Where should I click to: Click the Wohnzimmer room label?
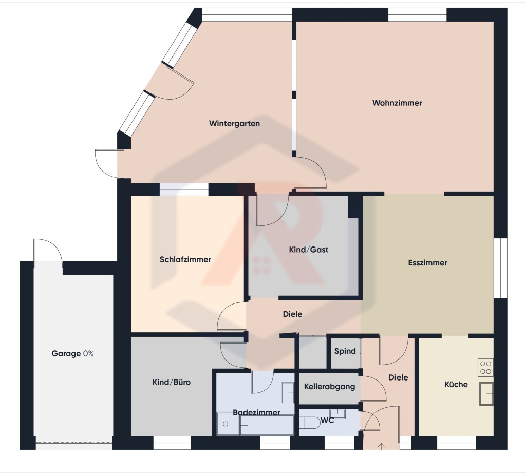click(x=397, y=103)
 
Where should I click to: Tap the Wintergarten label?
click(x=234, y=124)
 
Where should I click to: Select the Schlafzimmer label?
click(x=185, y=260)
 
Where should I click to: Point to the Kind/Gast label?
click(x=308, y=250)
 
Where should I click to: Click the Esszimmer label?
click(x=427, y=263)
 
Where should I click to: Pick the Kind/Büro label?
click(x=172, y=383)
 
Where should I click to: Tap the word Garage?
click(x=66, y=354)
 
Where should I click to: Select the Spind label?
click(x=345, y=352)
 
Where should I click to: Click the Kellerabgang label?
click(x=329, y=387)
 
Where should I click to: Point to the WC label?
click(x=327, y=421)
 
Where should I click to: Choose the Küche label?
click(x=456, y=385)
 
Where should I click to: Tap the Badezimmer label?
click(x=256, y=413)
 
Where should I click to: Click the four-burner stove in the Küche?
click(x=485, y=367)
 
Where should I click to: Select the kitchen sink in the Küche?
click(x=485, y=394)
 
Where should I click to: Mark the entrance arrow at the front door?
click(x=381, y=445)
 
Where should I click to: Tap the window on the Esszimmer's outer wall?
click(x=500, y=268)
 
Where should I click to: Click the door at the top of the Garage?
click(x=47, y=252)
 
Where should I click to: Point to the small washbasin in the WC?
click(x=337, y=413)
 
